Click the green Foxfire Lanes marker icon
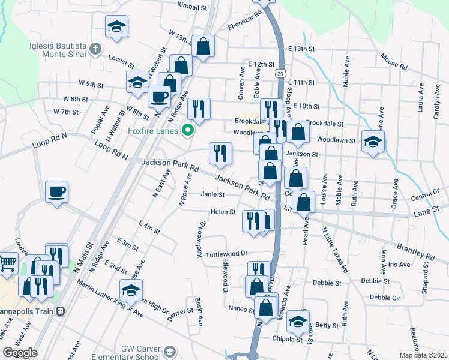(188, 130)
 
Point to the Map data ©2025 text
(423, 355)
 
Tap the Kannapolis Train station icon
(60, 312)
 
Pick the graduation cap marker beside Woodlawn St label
(373, 142)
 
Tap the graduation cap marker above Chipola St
(297, 322)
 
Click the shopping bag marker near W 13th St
(203, 46)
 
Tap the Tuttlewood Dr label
(226, 254)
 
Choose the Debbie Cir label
(385, 297)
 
